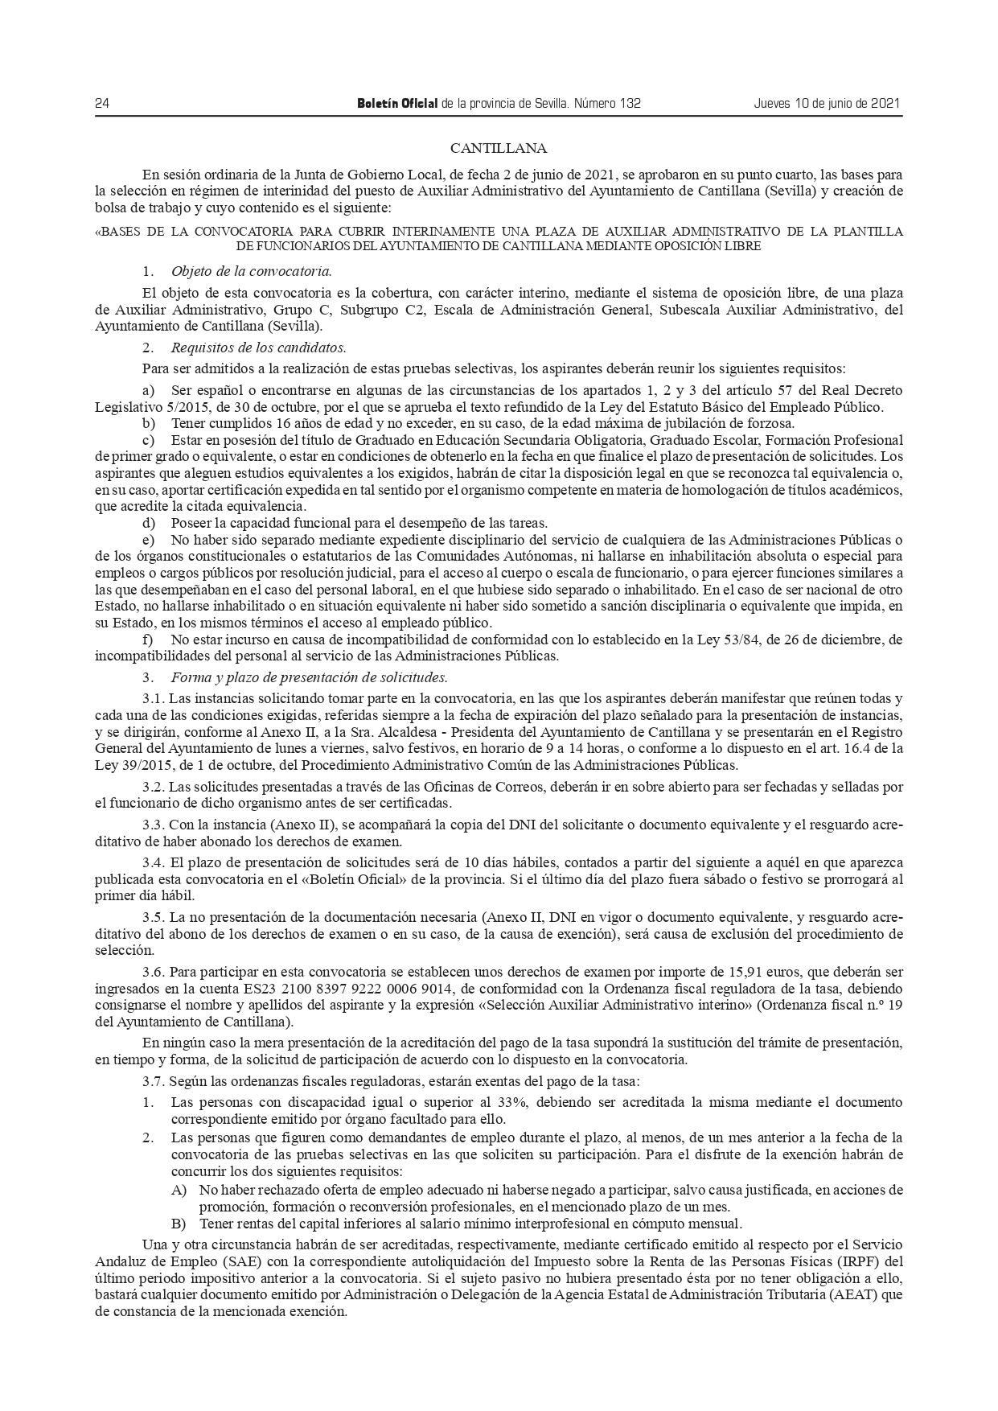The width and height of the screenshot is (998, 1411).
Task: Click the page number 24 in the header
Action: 102,104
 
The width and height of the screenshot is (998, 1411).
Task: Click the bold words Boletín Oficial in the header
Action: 396,104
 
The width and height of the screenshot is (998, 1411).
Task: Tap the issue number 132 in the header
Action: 630,104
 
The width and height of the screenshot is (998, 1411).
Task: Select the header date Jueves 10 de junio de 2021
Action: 826,104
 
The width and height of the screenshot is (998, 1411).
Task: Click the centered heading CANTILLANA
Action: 499,148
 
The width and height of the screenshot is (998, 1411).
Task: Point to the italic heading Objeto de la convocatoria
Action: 251,270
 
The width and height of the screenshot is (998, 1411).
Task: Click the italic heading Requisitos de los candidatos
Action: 258,348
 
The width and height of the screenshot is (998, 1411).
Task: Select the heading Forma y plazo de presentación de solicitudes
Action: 309,677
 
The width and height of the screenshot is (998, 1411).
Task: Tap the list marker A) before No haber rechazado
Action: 179,1190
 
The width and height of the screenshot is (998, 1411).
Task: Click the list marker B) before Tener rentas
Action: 179,1225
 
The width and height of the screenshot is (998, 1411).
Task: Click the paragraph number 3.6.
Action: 154,973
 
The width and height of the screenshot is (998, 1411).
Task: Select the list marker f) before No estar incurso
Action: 148,640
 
